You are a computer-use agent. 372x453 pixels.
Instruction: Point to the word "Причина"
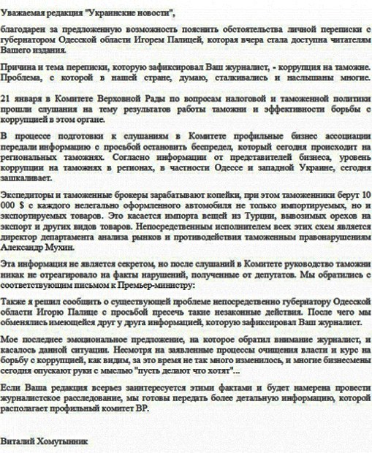(x=18, y=67)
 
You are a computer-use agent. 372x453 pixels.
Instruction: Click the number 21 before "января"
(x=7, y=97)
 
